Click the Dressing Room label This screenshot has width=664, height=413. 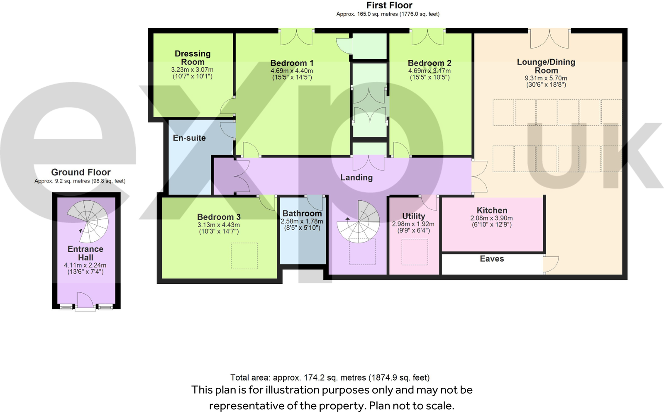[192, 58]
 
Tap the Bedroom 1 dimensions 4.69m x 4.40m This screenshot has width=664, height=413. [292, 71]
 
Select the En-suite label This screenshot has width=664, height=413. [189, 138]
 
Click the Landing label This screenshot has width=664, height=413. [356, 177]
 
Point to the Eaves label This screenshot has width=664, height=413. [492, 259]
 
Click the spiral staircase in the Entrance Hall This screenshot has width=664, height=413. [88, 221]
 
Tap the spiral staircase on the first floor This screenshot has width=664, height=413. [358, 222]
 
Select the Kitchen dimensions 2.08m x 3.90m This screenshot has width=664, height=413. [491, 218]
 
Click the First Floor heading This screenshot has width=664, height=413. [389, 5]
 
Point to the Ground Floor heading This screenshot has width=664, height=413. [81, 172]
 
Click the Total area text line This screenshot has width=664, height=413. [330, 377]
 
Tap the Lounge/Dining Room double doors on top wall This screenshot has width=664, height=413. [549, 39]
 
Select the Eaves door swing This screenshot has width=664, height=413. [551, 264]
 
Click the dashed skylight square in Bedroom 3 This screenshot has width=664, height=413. [244, 255]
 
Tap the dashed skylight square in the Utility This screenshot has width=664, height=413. [415, 252]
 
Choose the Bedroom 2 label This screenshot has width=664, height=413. [430, 63]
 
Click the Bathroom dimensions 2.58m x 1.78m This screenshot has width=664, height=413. [302, 221]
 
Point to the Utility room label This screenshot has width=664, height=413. [413, 216]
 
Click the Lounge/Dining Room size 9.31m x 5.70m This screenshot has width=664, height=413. [546, 78]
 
